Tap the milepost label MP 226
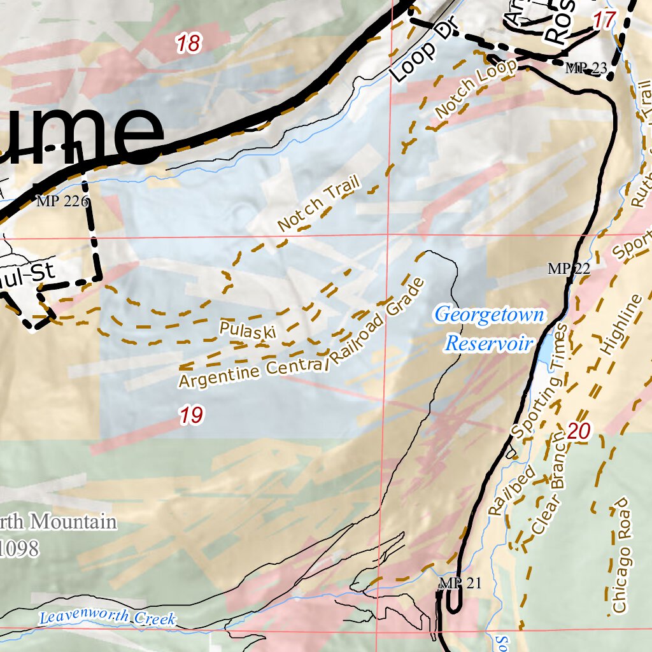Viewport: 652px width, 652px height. coord(62,202)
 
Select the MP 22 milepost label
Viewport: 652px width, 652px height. coord(569,269)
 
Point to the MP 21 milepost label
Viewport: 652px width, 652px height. coord(460,583)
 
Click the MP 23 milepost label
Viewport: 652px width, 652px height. coord(586,69)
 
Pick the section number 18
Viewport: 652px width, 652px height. coord(188,44)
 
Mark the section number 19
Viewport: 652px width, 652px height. coord(191,416)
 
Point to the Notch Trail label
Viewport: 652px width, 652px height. coord(319,204)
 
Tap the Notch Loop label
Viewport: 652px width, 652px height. coord(476,90)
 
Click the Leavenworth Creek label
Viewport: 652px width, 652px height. coord(107,618)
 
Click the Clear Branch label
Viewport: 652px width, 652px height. coord(548,484)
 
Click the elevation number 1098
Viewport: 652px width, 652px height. coord(19,548)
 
